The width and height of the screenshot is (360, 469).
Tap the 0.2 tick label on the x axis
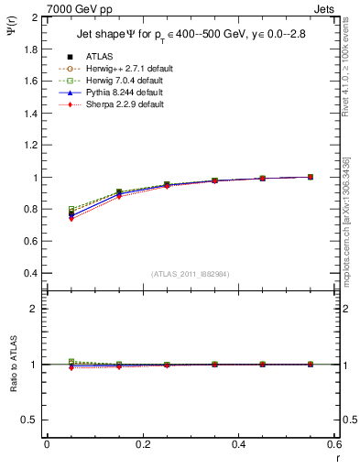tap(143, 444)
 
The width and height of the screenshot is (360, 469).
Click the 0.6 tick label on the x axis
tap(334, 444)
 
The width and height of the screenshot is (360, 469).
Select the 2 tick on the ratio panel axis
tap(35, 309)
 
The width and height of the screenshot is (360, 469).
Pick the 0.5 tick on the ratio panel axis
tap(31, 420)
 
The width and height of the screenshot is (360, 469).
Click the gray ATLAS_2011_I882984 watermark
tap(190, 274)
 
